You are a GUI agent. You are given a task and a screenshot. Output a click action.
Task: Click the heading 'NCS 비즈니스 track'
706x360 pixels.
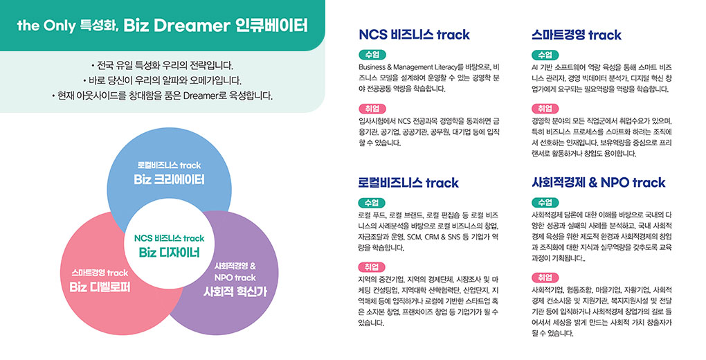tap(414, 35)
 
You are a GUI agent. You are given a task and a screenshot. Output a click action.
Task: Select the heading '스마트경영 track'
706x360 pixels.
tap(577, 35)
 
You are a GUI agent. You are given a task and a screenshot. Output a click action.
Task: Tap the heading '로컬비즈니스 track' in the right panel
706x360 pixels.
tap(408, 183)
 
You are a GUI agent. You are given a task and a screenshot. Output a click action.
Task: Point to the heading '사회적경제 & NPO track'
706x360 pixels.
tap(599, 183)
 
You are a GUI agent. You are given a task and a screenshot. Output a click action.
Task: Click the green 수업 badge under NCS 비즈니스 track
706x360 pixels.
tap(372, 55)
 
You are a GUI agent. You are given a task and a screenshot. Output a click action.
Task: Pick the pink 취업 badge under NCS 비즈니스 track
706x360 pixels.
tap(372, 109)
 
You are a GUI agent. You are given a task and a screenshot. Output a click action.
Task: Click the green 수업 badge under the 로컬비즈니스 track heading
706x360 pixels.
tap(372, 203)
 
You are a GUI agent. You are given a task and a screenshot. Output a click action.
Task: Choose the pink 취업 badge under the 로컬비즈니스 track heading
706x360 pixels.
tap(372, 267)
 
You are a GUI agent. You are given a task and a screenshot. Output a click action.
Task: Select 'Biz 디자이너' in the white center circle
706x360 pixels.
tap(169, 252)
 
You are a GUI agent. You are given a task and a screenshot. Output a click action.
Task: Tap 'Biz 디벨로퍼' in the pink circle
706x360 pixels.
tap(100, 287)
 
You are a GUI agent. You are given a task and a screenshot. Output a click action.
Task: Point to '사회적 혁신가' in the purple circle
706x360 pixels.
tap(235, 291)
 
